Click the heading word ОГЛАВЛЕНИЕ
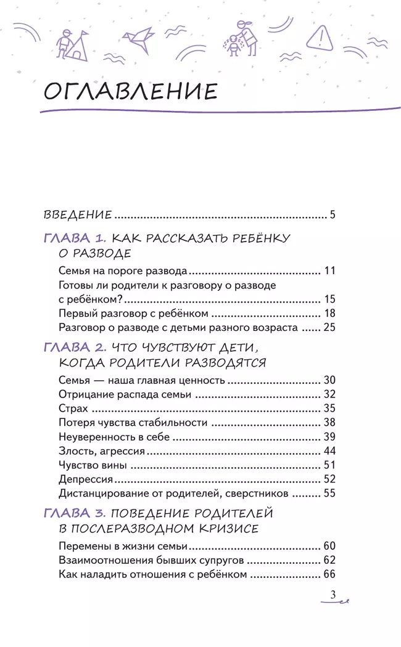[131, 92]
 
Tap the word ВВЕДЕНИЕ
[78, 215]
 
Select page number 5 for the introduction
[332, 215]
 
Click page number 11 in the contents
[329, 271]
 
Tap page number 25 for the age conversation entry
[329, 327]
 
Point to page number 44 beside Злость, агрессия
[329, 450]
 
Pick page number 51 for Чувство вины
[329, 465]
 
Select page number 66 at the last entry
[329, 574]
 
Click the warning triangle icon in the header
[318, 38]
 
